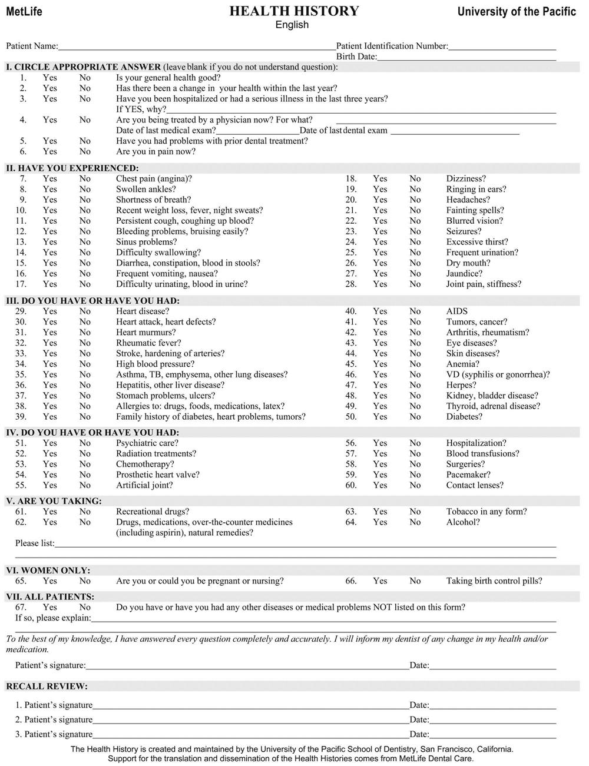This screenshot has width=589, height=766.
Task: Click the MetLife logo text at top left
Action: (24, 12)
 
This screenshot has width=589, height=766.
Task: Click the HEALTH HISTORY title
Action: (294, 11)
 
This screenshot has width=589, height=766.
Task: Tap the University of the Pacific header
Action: (517, 12)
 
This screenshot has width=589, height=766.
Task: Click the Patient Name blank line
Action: (197, 46)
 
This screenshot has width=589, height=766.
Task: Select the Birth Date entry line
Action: (466, 57)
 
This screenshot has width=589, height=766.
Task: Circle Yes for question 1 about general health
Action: (50, 78)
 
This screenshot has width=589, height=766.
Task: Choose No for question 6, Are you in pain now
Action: (85, 151)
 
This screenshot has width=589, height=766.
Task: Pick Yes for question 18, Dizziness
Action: (380, 178)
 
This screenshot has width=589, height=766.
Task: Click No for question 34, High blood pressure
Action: (85, 364)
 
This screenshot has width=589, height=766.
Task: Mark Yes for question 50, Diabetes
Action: (380, 416)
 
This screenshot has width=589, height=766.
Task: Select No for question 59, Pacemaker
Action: (415, 475)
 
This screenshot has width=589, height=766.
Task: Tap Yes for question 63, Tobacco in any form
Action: (380, 512)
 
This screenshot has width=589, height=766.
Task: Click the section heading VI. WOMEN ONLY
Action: (48, 570)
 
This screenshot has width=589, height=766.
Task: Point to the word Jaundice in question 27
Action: (464, 273)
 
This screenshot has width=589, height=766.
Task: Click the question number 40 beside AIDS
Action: (351, 311)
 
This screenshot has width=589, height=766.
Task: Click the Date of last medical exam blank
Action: (257, 131)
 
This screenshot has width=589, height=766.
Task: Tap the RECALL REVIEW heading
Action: (47, 686)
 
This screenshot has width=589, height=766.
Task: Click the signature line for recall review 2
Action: (250, 720)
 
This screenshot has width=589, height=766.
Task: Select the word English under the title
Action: (292, 25)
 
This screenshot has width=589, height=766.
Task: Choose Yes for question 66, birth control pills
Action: (380, 581)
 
